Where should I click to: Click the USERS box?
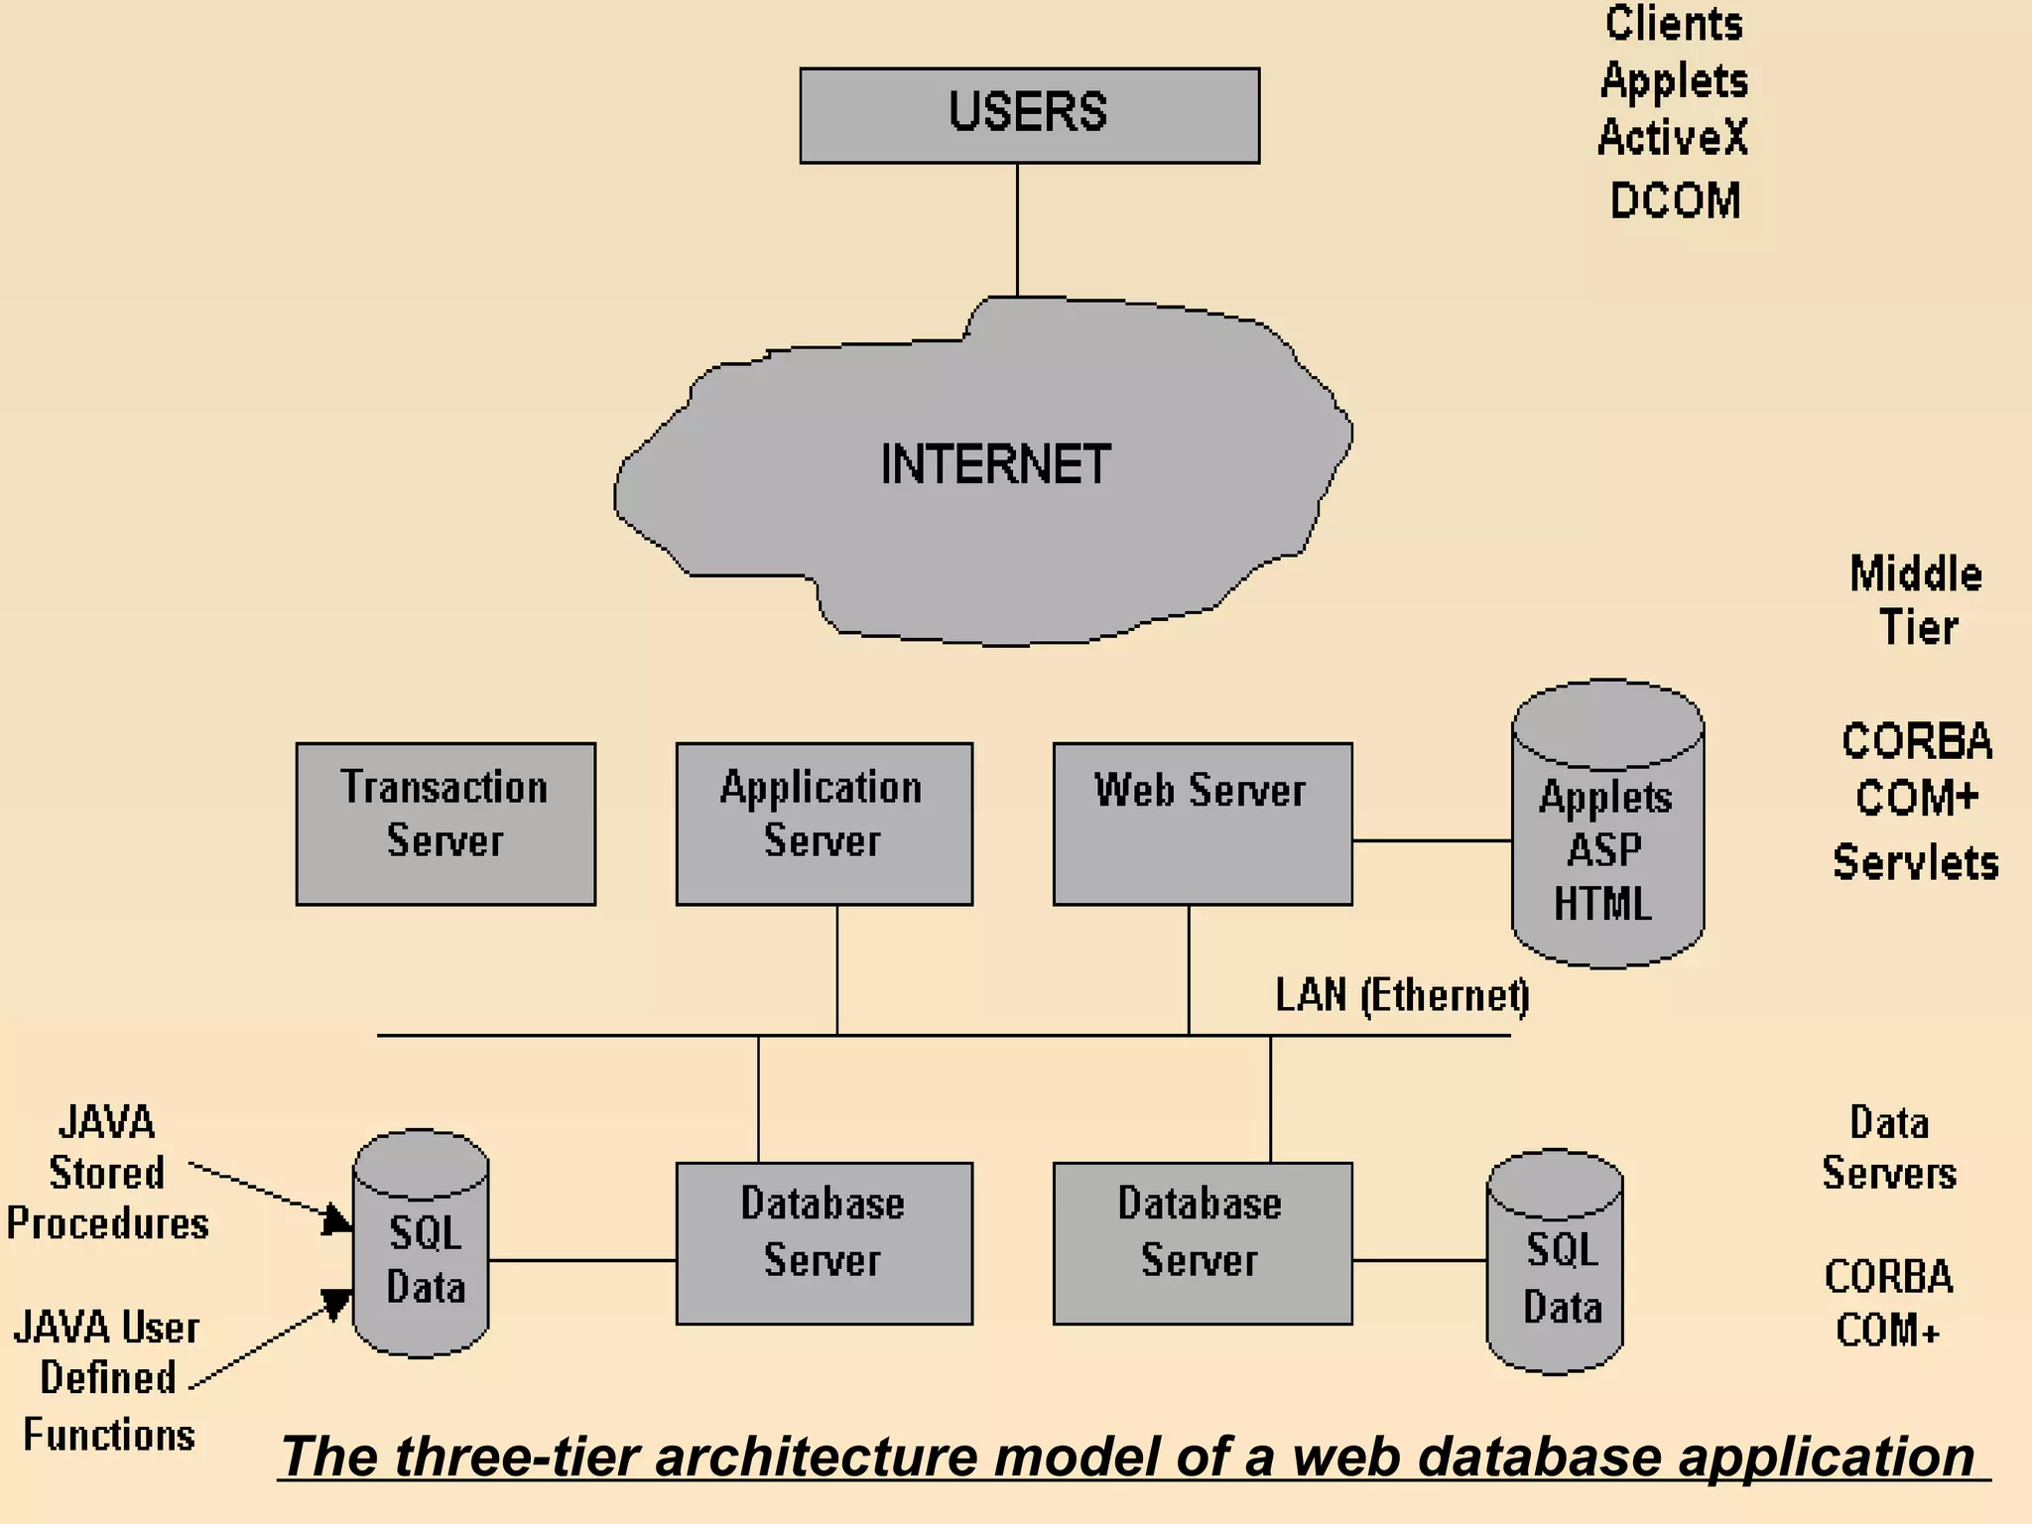(1029, 115)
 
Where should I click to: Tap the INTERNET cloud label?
(995, 465)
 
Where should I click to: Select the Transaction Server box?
(445, 824)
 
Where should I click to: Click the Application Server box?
(824, 824)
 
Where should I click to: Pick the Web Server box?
(1202, 824)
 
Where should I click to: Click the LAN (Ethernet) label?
(1401, 995)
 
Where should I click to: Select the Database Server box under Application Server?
(824, 1243)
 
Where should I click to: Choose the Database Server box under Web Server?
(1202, 1243)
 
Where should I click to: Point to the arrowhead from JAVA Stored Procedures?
(337, 1219)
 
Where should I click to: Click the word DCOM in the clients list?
(1675, 200)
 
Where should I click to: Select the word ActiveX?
(1673, 138)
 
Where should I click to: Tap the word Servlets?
(1915, 862)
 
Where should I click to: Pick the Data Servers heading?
(1889, 1148)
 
